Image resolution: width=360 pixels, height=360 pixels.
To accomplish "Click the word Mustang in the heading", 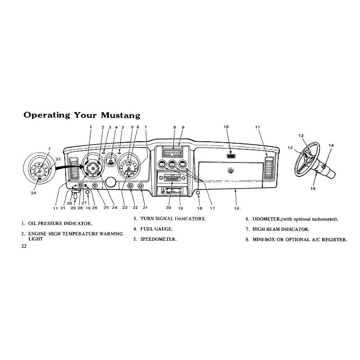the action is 121,115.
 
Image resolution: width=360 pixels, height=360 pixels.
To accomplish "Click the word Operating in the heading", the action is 47,115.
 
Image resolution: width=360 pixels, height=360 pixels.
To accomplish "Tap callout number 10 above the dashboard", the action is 226,127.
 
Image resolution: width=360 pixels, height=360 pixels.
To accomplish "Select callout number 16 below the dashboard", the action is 237,208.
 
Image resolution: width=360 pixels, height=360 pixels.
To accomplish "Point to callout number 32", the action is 58,159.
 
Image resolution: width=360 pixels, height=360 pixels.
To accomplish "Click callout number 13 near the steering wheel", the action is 301,136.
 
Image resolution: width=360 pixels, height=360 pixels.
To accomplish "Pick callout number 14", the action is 331,145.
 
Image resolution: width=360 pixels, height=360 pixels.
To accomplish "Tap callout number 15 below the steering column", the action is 313,189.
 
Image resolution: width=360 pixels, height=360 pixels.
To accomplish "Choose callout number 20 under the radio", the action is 168,207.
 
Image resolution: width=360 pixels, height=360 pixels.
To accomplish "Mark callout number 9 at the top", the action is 183,127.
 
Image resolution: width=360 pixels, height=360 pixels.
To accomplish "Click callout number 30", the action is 69,203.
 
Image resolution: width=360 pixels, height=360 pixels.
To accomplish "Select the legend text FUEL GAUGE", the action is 156,229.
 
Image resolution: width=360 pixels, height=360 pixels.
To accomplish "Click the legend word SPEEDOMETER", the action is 158,239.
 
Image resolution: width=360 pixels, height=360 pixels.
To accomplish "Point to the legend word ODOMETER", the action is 266,219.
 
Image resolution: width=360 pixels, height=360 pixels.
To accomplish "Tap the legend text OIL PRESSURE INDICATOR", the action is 60,223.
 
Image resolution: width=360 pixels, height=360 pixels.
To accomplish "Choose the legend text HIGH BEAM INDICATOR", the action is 281,229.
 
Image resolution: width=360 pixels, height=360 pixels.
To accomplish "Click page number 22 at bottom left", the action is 24,246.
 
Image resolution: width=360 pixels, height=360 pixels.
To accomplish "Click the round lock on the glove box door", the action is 230,171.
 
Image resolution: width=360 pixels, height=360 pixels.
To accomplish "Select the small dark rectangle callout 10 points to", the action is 231,156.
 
